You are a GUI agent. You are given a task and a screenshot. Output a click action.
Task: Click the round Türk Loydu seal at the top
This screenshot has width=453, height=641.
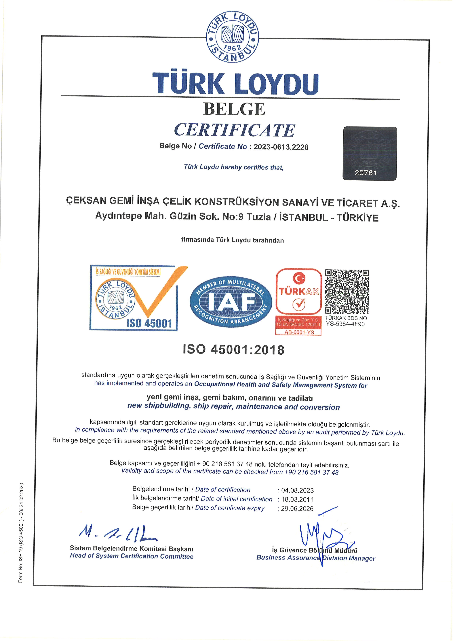232,37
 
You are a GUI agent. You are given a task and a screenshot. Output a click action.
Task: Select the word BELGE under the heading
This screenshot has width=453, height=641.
234,109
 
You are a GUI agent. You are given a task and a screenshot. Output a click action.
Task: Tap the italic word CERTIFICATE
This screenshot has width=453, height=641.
234,130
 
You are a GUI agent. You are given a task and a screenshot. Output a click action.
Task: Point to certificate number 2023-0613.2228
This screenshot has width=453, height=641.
281,147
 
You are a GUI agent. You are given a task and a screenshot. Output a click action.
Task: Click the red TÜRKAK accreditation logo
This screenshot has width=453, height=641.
299,292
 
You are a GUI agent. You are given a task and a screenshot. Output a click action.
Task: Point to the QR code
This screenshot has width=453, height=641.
347,292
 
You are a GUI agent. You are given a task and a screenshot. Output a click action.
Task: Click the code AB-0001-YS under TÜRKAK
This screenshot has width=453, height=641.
299,332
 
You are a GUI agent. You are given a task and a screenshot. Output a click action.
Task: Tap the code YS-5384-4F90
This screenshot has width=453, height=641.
345,324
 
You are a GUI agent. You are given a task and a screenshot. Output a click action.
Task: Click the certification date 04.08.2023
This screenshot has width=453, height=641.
297,491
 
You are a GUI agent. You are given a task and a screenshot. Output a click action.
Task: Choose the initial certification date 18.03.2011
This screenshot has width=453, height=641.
297,500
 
